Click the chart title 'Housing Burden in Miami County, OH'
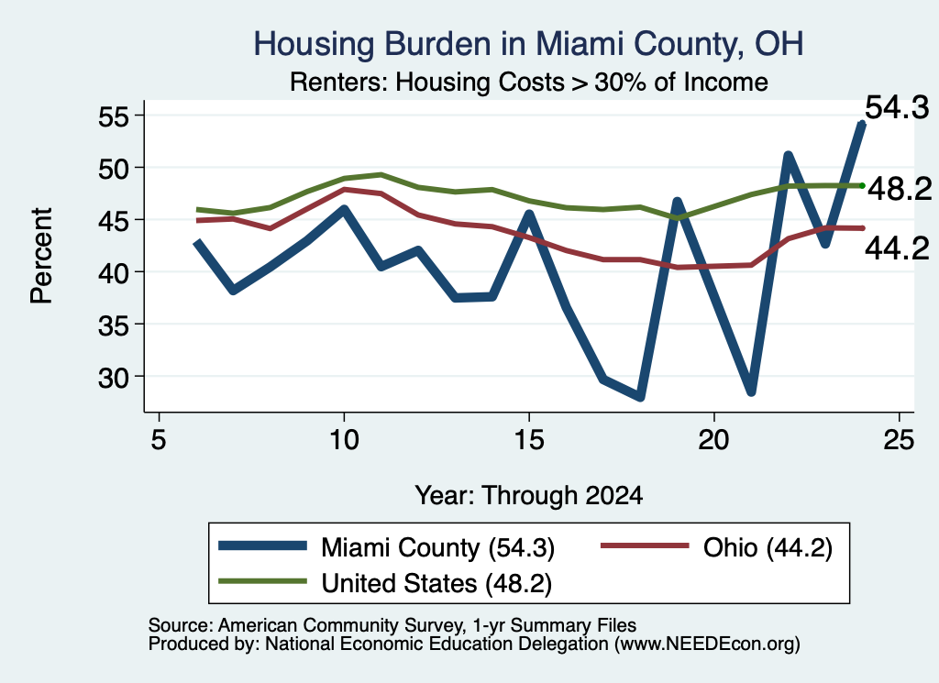pos(528,44)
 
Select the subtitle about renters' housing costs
pos(529,82)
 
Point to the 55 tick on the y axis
pos(114,116)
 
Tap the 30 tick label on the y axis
pos(114,377)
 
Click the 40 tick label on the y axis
pos(114,272)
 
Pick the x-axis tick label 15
pos(529,440)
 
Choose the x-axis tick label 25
pos(899,440)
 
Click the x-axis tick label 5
pos(158,440)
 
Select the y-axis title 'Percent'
pos(41,256)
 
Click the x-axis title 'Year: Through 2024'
pos(529,496)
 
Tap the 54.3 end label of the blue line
pos(897,108)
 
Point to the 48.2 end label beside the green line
pos(900,189)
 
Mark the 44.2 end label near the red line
pos(897,248)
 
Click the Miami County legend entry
pos(387,547)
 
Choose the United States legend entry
pos(385,583)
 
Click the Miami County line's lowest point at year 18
pos(640,396)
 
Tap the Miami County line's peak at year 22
pos(788,156)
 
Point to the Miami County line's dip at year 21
pos(751,391)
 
